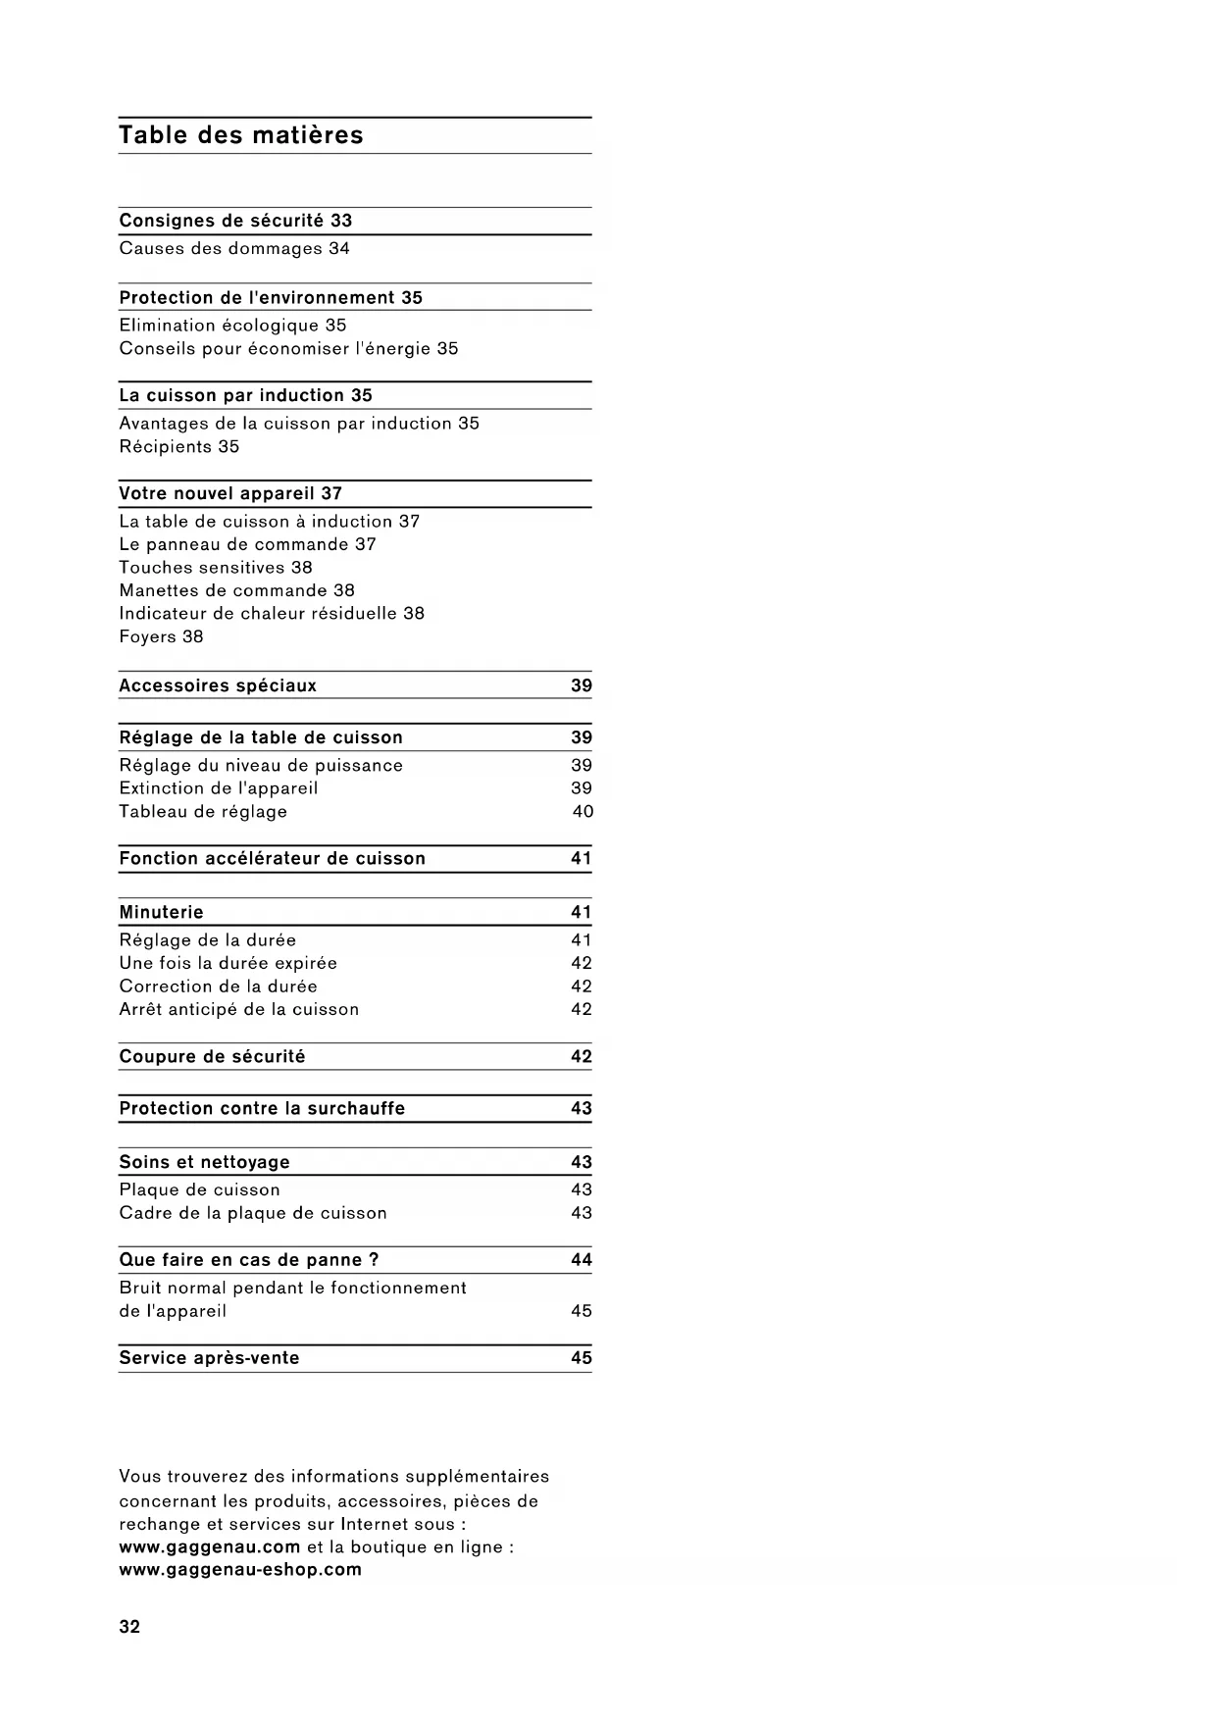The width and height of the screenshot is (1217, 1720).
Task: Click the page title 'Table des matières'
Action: [241, 135]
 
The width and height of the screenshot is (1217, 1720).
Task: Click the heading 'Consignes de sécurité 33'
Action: [235, 221]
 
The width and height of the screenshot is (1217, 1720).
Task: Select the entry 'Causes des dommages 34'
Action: [234, 249]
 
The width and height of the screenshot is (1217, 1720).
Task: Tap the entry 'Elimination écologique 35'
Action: [232, 326]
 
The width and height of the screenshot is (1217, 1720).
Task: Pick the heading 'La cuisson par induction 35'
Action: [245, 396]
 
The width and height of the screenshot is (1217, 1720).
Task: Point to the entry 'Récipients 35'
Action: [179, 447]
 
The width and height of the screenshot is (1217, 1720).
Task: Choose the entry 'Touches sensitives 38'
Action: [216, 568]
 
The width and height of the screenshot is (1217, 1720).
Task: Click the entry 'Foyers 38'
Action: [161, 637]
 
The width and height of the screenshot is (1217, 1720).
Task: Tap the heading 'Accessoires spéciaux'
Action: [218, 686]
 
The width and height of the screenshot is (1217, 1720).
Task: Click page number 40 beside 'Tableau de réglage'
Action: [583, 812]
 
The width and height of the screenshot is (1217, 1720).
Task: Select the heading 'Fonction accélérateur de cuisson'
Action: [273, 859]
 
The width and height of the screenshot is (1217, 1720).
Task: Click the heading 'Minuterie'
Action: [161, 913]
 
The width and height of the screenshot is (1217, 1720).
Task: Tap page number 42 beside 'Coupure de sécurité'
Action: [582, 1057]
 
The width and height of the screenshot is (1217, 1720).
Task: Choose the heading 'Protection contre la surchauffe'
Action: [262, 1109]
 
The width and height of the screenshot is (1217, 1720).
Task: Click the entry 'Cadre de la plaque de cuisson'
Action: [253, 1214]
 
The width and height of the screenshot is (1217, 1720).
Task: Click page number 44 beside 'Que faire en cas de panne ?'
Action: [582, 1260]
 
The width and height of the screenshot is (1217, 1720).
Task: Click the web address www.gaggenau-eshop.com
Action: [240, 1570]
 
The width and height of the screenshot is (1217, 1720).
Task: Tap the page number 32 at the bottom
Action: [129, 1627]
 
